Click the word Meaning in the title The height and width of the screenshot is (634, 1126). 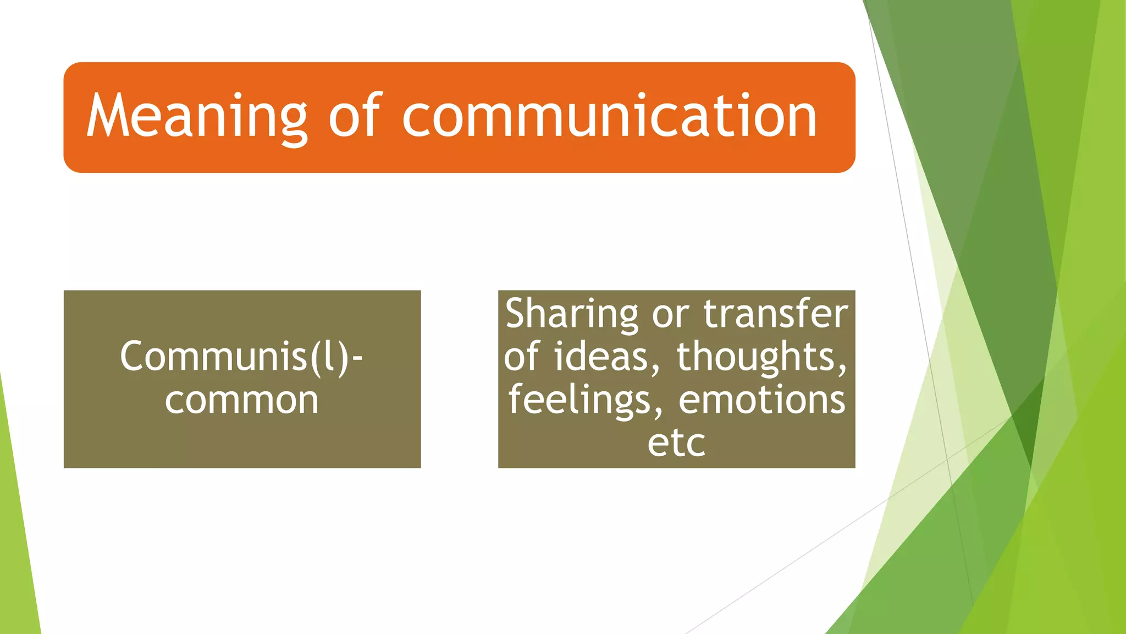[x=197, y=117]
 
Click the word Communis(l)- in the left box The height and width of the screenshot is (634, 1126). [x=241, y=357]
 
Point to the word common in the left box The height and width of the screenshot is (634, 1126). [x=241, y=400]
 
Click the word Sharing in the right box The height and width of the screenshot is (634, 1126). [x=571, y=314]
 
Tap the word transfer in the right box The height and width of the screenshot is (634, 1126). [x=776, y=313]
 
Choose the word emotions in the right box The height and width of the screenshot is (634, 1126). [x=762, y=400]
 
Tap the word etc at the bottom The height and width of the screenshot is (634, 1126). [x=676, y=443]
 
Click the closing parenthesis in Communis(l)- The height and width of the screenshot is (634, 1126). [x=342, y=358]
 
